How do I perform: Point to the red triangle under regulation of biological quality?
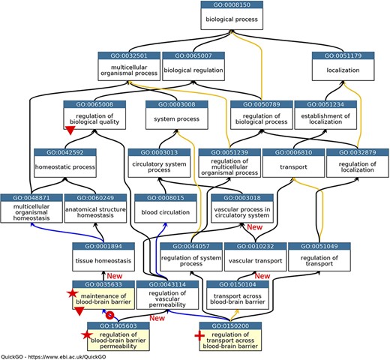[70, 132]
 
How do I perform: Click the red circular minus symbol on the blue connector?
[111, 315]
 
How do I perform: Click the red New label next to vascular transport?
[255, 227]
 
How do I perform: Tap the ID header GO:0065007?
[193, 55]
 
